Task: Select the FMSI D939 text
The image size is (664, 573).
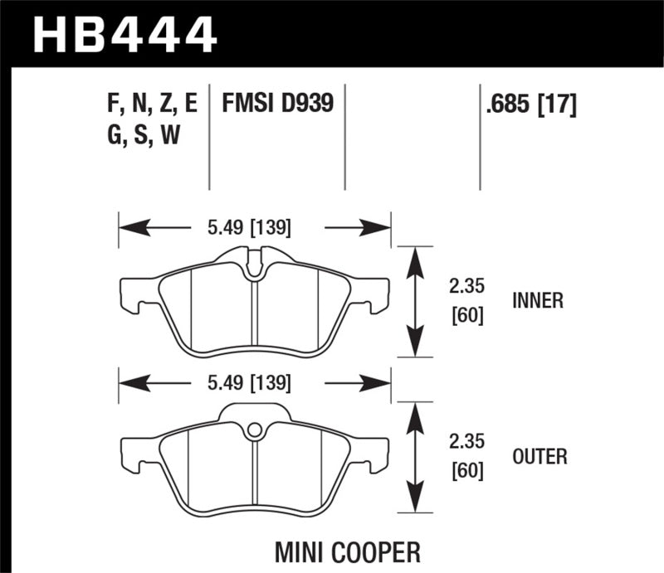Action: [277, 104]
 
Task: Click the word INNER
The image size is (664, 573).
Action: [537, 301]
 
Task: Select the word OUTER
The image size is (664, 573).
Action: [539, 456]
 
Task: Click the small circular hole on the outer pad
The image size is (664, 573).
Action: [255, 430]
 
